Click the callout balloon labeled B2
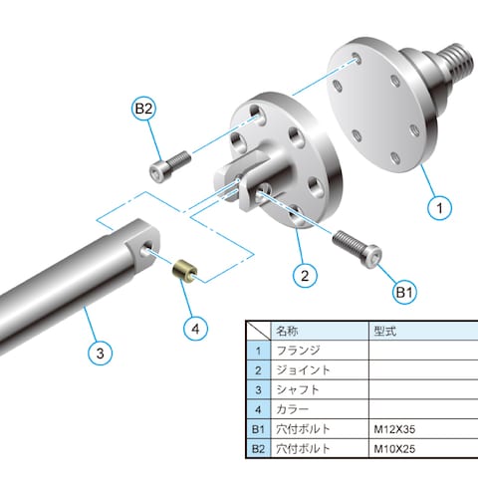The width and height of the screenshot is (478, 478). (x=143, y=109)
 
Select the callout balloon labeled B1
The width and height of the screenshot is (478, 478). (x=404, y=293)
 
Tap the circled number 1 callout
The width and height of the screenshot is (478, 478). (x=440, y=208)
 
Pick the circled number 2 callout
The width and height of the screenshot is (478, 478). (x=305, y=275)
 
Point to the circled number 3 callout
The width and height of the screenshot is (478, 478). (x=101, y=354)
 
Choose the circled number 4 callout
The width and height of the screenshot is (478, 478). (x=196, y=329)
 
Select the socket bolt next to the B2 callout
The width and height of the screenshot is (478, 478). (x=170, y=166)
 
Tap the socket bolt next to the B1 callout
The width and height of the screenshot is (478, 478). (x=357, y=247)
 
